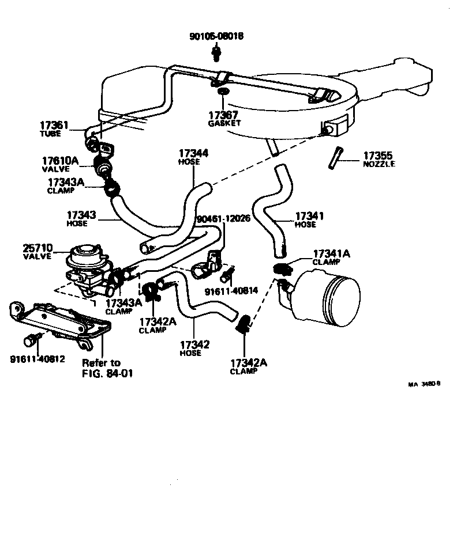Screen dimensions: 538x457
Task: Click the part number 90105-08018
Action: pyautogui.click(x=216, y=36)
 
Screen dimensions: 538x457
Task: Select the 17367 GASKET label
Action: pyautogui.click(x=224, y=119)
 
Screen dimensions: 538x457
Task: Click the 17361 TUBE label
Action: pyautogui.click(x=54, y=128)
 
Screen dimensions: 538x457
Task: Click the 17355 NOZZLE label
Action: pyautogui.click(x=379, y=159)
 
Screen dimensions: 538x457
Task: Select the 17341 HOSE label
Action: pyautogui.click(x=309, y=220)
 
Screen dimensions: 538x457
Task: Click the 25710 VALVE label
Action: pyautogui.click(x=38, y=251)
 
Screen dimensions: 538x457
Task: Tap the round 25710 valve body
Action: pyautogui.click(x=84, y=256)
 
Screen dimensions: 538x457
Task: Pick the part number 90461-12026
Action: pyautogui.click(x=223, y=219)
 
